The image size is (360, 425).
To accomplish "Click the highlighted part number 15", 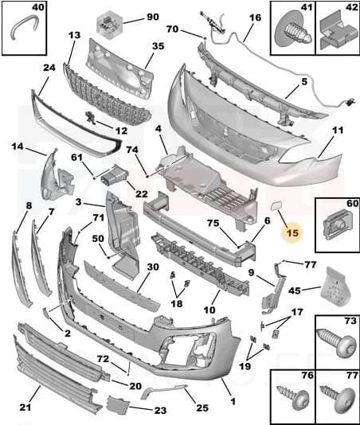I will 292,232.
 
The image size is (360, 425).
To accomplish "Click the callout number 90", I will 152,17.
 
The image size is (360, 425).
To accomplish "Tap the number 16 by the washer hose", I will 255,17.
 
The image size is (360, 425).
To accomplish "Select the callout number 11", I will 338,129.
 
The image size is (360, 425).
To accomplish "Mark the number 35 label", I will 158,46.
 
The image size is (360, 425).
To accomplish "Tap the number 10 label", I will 210,309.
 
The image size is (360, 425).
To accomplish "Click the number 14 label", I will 18,146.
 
